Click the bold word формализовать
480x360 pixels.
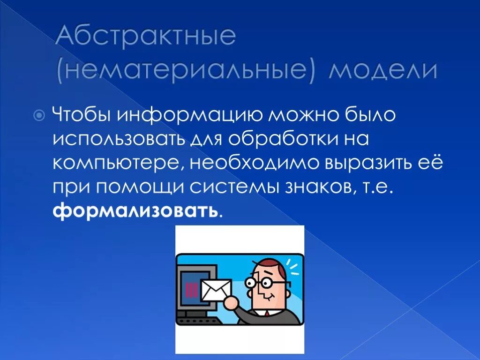[135, 211]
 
